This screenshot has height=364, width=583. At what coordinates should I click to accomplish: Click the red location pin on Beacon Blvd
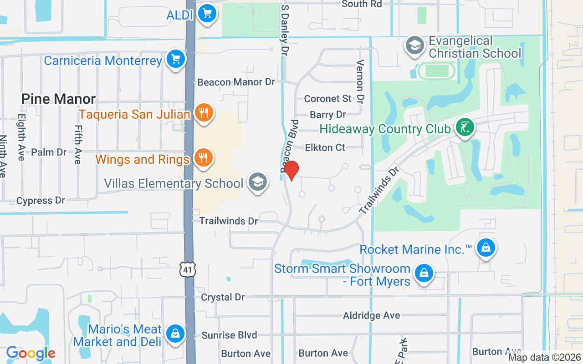click(x=291, y=170)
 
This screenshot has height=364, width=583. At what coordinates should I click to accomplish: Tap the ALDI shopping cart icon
click(x=207, y=14)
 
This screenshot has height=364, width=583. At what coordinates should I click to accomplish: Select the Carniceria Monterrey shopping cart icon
click(x=175, y=59)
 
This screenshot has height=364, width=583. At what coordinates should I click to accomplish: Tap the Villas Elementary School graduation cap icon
click(x=257, y=182)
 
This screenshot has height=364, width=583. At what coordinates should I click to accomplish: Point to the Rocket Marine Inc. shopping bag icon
click(x=486, y=248)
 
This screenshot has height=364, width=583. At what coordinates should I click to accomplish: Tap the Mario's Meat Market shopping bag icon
click(x=175, y=334)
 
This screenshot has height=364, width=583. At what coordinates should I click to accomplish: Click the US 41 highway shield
click(x=188, y=270)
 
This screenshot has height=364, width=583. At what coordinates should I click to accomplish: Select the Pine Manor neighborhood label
click(x=59, y=99)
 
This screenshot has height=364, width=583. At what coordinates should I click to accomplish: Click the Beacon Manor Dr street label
click(x=236, y=82)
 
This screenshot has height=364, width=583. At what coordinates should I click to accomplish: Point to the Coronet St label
click(x=328, y=98)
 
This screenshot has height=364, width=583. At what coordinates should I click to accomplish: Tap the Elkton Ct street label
click(x=325, y=147)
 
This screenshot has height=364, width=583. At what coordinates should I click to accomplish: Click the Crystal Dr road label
click(x=223, y=297)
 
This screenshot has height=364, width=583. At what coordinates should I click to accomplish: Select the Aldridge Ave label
click(x=372, y=315)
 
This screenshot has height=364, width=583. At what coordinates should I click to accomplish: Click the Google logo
click(x=31, y=353)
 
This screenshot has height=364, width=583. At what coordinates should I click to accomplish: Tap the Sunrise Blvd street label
click(x=229, y=335)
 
